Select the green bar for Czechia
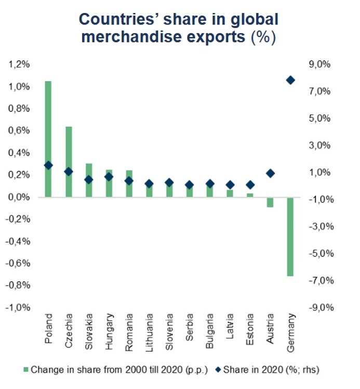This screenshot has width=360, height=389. pyautogui.click(x=69, y=162)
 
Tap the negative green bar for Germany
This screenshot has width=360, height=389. pyautogui.click(x=290, y=237)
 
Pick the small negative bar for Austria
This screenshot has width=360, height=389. pyautogui.click(x=270, y=202)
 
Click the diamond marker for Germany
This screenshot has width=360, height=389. pyautogui.click(x=290, y=80)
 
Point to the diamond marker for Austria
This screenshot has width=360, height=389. pyautogui.click(x=270, y=173)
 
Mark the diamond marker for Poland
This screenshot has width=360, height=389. pyautogui.click(x=48, y=165)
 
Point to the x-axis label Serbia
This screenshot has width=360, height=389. pyautogui.click(x=190, y=327)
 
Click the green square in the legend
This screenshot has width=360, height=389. pyautogui.click(x=25, y=370)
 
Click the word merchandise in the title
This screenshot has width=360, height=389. pyautogui.click(x=132, y=38)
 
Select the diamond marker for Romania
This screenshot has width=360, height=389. pyautogui.click(x=129, y=180)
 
